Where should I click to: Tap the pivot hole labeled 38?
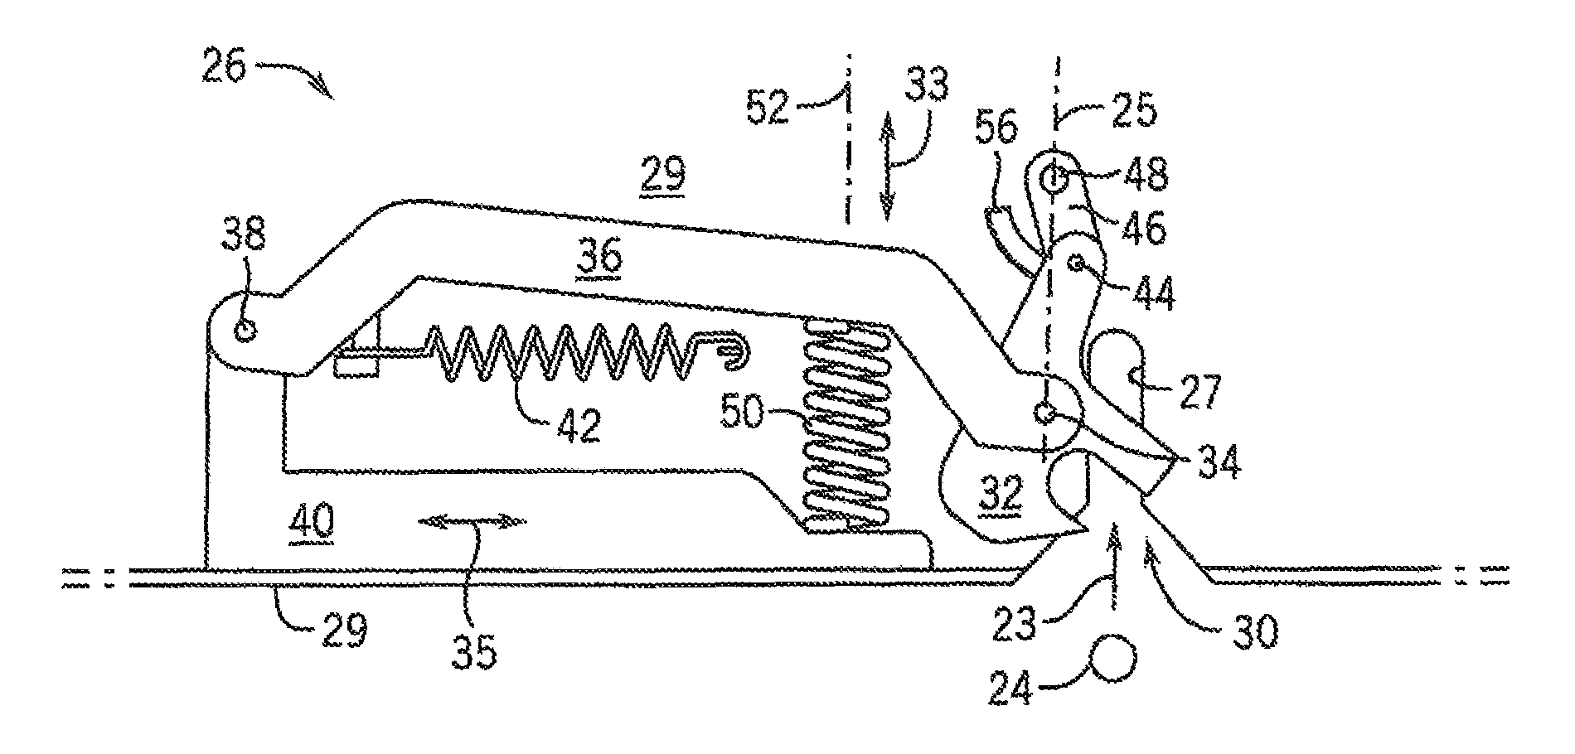pos(245,331)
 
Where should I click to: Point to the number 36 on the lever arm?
pos(603,258)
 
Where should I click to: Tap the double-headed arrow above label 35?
pos(472,521)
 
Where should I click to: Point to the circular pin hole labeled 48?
pos(1054,177)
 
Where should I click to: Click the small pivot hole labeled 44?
pos(1078,263)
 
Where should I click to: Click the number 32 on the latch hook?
pos(1000,494)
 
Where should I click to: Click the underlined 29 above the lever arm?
pos(662,176)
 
